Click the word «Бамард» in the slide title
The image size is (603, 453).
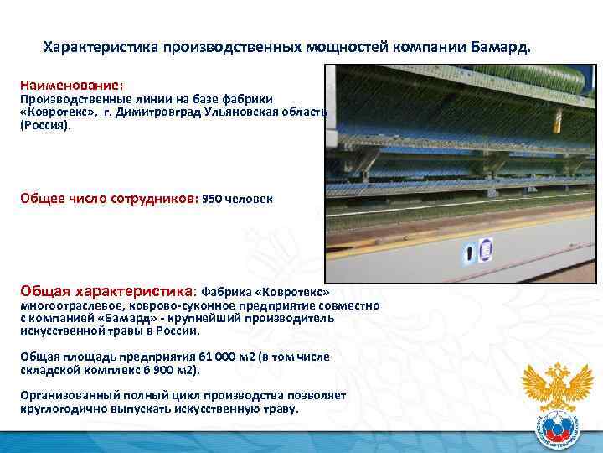coord(500,48)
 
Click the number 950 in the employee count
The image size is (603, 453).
coord(213,200)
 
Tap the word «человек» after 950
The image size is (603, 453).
coord(249,200)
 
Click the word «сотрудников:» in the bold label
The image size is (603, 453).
coord(154,200)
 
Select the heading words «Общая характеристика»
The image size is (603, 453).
coord(106,291)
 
